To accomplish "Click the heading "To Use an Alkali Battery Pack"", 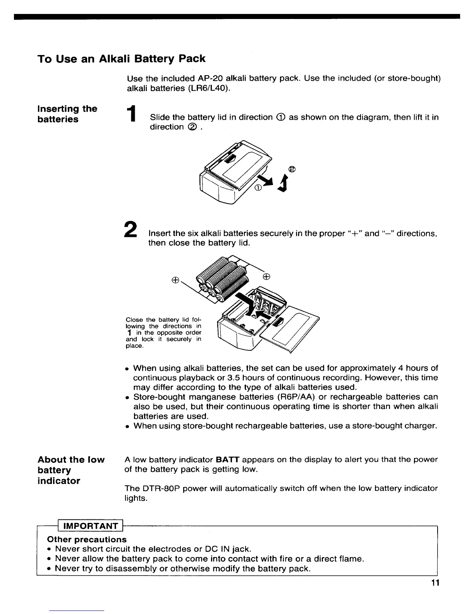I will pyautogui.click(x=121, y=59).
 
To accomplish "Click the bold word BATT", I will pyautogui.click(x=227, y=460).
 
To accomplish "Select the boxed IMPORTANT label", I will pyautogui.click(x=90, y=526).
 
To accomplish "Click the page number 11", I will pyautogui.click(x=436, y=583).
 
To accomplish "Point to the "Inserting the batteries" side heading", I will pyautogui.click(x=67, y=114).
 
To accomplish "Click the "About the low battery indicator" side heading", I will pyautogui.click(x=71, y=470).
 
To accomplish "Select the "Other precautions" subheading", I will pyautogui.click(x=87, y=540).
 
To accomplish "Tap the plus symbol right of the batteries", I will pyautogui.click(x=266, y=277).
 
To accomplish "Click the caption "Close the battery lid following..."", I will pyautogui.click(x=163, y=333).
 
